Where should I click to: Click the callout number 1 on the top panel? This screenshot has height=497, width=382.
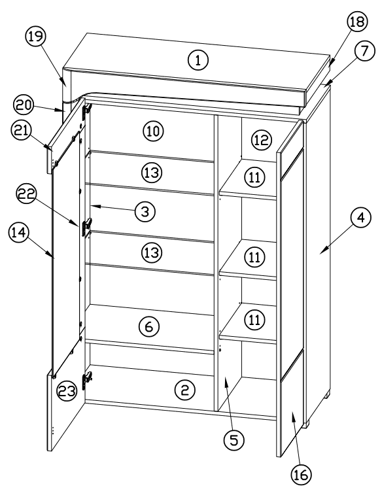[198, 60]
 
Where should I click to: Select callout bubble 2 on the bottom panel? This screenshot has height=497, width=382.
[185, 390]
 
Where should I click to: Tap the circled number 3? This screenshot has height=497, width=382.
[145, 211]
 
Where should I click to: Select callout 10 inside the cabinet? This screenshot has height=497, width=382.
[153, 131]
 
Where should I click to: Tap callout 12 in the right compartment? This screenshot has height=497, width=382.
[260, 139]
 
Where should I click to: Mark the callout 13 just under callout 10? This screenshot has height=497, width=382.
[152, 173]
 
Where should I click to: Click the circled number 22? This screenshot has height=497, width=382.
[26, 194]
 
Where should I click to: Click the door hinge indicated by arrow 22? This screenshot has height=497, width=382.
[86, 227]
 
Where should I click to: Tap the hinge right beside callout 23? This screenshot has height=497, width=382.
[86, 377]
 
